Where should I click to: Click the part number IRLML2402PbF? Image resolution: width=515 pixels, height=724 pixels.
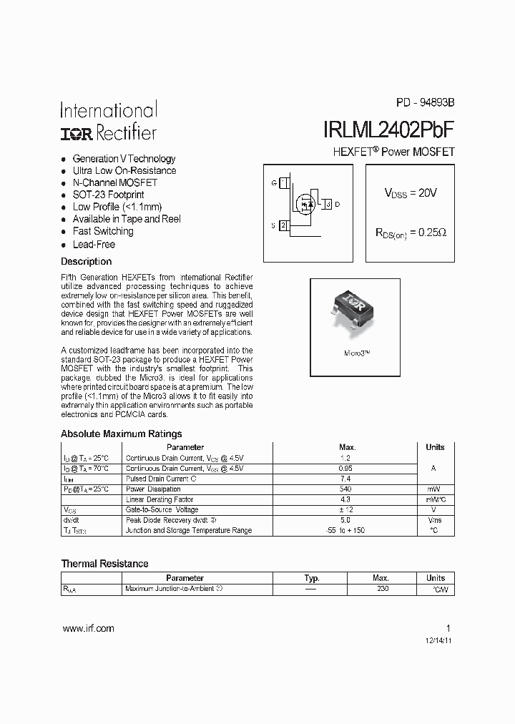tap(388, 129)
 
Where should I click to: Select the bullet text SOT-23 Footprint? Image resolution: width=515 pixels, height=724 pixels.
tap(108, 195)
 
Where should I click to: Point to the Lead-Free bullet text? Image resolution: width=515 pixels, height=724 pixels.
tap(94, 244)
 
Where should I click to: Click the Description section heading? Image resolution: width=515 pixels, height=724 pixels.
tap(86, 262)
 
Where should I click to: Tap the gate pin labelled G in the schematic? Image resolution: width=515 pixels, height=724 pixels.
tap(274, 183)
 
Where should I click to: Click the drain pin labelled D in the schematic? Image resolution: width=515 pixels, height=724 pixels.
tap(337, 205)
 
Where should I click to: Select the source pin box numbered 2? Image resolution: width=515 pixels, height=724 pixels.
tap(284, 225)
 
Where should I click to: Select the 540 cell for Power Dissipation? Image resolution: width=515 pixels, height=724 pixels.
tap(345, 489)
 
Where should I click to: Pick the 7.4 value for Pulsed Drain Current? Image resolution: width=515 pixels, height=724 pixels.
tap(345, 479)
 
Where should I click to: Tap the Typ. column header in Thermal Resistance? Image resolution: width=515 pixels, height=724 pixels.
tap(312, 578)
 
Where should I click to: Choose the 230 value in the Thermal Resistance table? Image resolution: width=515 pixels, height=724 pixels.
tap(382, 589)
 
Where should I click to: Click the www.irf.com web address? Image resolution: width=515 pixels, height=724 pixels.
tap(88, 628)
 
